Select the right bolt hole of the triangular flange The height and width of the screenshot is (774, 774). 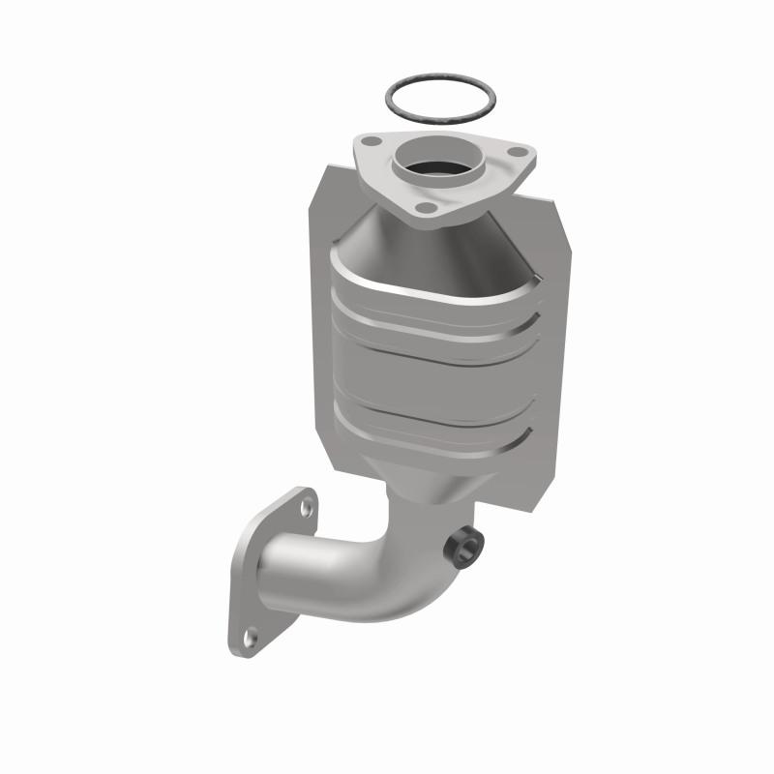pos(521,152)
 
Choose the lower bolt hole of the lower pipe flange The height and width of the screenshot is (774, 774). pos(251,636)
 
